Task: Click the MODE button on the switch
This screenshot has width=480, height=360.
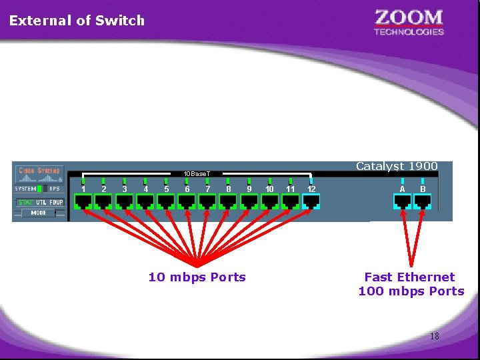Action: pos(38,213)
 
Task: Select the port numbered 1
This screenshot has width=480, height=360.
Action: pos(83,201)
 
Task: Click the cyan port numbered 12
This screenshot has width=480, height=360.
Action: pos(311,201)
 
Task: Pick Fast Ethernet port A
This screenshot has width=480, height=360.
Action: pos(402,201)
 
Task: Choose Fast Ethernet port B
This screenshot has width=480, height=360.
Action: pos(423,201)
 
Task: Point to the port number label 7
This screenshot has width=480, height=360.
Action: pos(208,189)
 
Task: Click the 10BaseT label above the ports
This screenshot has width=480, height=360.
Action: pos(197,174)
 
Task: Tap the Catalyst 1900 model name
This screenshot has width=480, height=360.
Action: pos(397,167)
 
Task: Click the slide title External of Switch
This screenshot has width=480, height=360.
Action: pos(77,20)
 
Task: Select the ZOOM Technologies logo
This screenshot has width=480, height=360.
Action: pos(409,22)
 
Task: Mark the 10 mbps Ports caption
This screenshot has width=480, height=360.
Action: pos(197,277)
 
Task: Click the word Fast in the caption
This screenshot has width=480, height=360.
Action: pos(379,277)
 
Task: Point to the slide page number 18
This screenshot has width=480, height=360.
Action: pos(434,336)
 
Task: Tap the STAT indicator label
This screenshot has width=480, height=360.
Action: pos(25,202)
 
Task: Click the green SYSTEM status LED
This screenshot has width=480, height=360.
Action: pos(39,189)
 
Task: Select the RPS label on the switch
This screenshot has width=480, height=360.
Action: pos(54,189)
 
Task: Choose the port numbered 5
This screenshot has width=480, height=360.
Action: pos(166,201)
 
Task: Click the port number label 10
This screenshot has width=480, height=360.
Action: pos(269,189)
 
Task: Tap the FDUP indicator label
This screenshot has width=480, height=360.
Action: pos(56,202)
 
